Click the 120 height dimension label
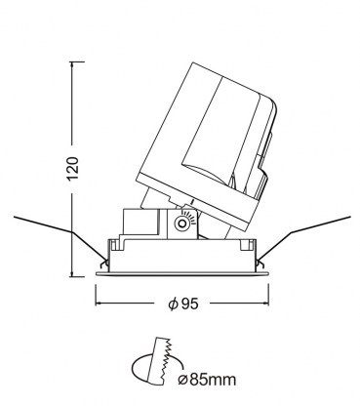pyautogui.click(x=72, y=168)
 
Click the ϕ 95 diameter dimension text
pyautogui.click(x=183, y=304)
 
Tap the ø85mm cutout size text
pyautogui.click(x=207, y=380)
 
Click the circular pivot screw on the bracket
pyautogui.click(x=181, y=223)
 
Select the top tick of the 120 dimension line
pyautogui.click(x=77, y=61)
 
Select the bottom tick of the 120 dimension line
pyautogui.click(x=77, y=277)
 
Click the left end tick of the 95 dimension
pyautogui.click(x=96, y=295)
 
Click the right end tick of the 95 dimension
pyautogui.click(x=268, y=295)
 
